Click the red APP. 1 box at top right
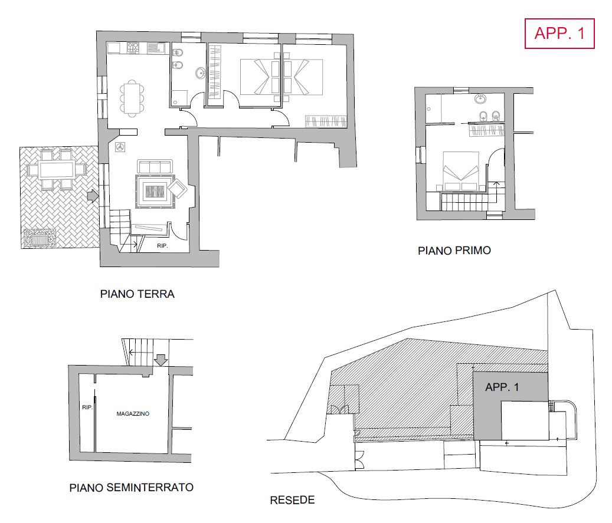click(559, 34)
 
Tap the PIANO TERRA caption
click(137, 294)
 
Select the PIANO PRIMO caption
click(454, 251)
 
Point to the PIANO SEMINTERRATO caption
click(132, 488)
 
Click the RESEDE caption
click(292, 500)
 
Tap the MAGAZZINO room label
click(133, 414)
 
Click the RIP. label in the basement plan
click(87, 407)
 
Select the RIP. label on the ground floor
click(162, 246)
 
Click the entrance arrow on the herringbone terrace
click(92, 196)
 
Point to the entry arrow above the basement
click(161, 360)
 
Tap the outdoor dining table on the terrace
click(57, 170)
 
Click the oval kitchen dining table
click(132, 98)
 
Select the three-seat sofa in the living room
click(155, 166)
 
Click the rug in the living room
click(155, 192)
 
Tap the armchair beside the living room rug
click(177, 189)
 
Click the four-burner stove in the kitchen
click(133, 48)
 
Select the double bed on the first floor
click(461, 171)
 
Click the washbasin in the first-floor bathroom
click(480, 99)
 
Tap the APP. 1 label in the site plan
click(502, 387)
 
